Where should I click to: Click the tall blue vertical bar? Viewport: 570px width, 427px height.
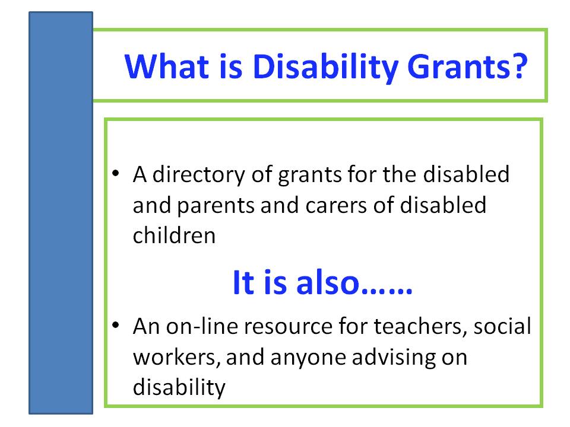[x=61, y=213]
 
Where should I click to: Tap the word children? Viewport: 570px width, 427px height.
[x=175, y=236]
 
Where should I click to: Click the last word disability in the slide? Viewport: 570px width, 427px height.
[x=179, y=388]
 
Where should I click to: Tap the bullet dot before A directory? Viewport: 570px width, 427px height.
[x=117, y=174]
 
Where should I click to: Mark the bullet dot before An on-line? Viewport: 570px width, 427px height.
[x=117, y=326]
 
